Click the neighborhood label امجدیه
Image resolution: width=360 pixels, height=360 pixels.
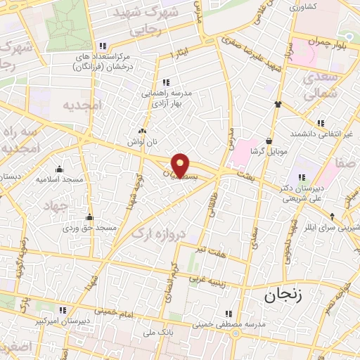(82, 106)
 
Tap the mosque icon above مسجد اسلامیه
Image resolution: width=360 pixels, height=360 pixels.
(59, 169)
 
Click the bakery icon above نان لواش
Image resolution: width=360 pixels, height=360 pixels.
(143, 131)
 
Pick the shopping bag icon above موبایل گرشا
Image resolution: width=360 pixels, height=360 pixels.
(269, 141)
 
